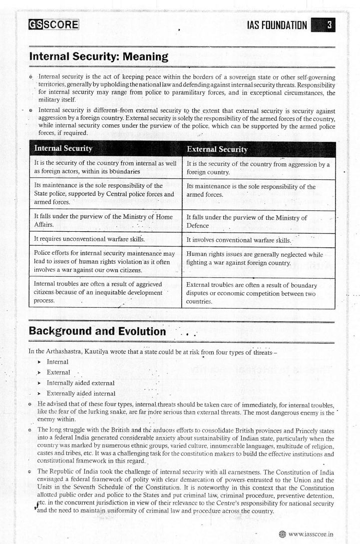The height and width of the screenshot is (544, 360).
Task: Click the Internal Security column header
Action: tap(63, 149)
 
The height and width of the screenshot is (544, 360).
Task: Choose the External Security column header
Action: tap(217, 149)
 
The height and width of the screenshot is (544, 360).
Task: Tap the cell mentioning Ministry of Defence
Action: tap(258, 221)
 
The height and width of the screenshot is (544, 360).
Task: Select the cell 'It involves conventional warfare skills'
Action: tap(258, 240)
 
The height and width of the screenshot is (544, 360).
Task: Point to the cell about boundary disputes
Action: tap(258, 293)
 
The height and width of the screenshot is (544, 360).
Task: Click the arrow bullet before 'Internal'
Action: tap(39, 362)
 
